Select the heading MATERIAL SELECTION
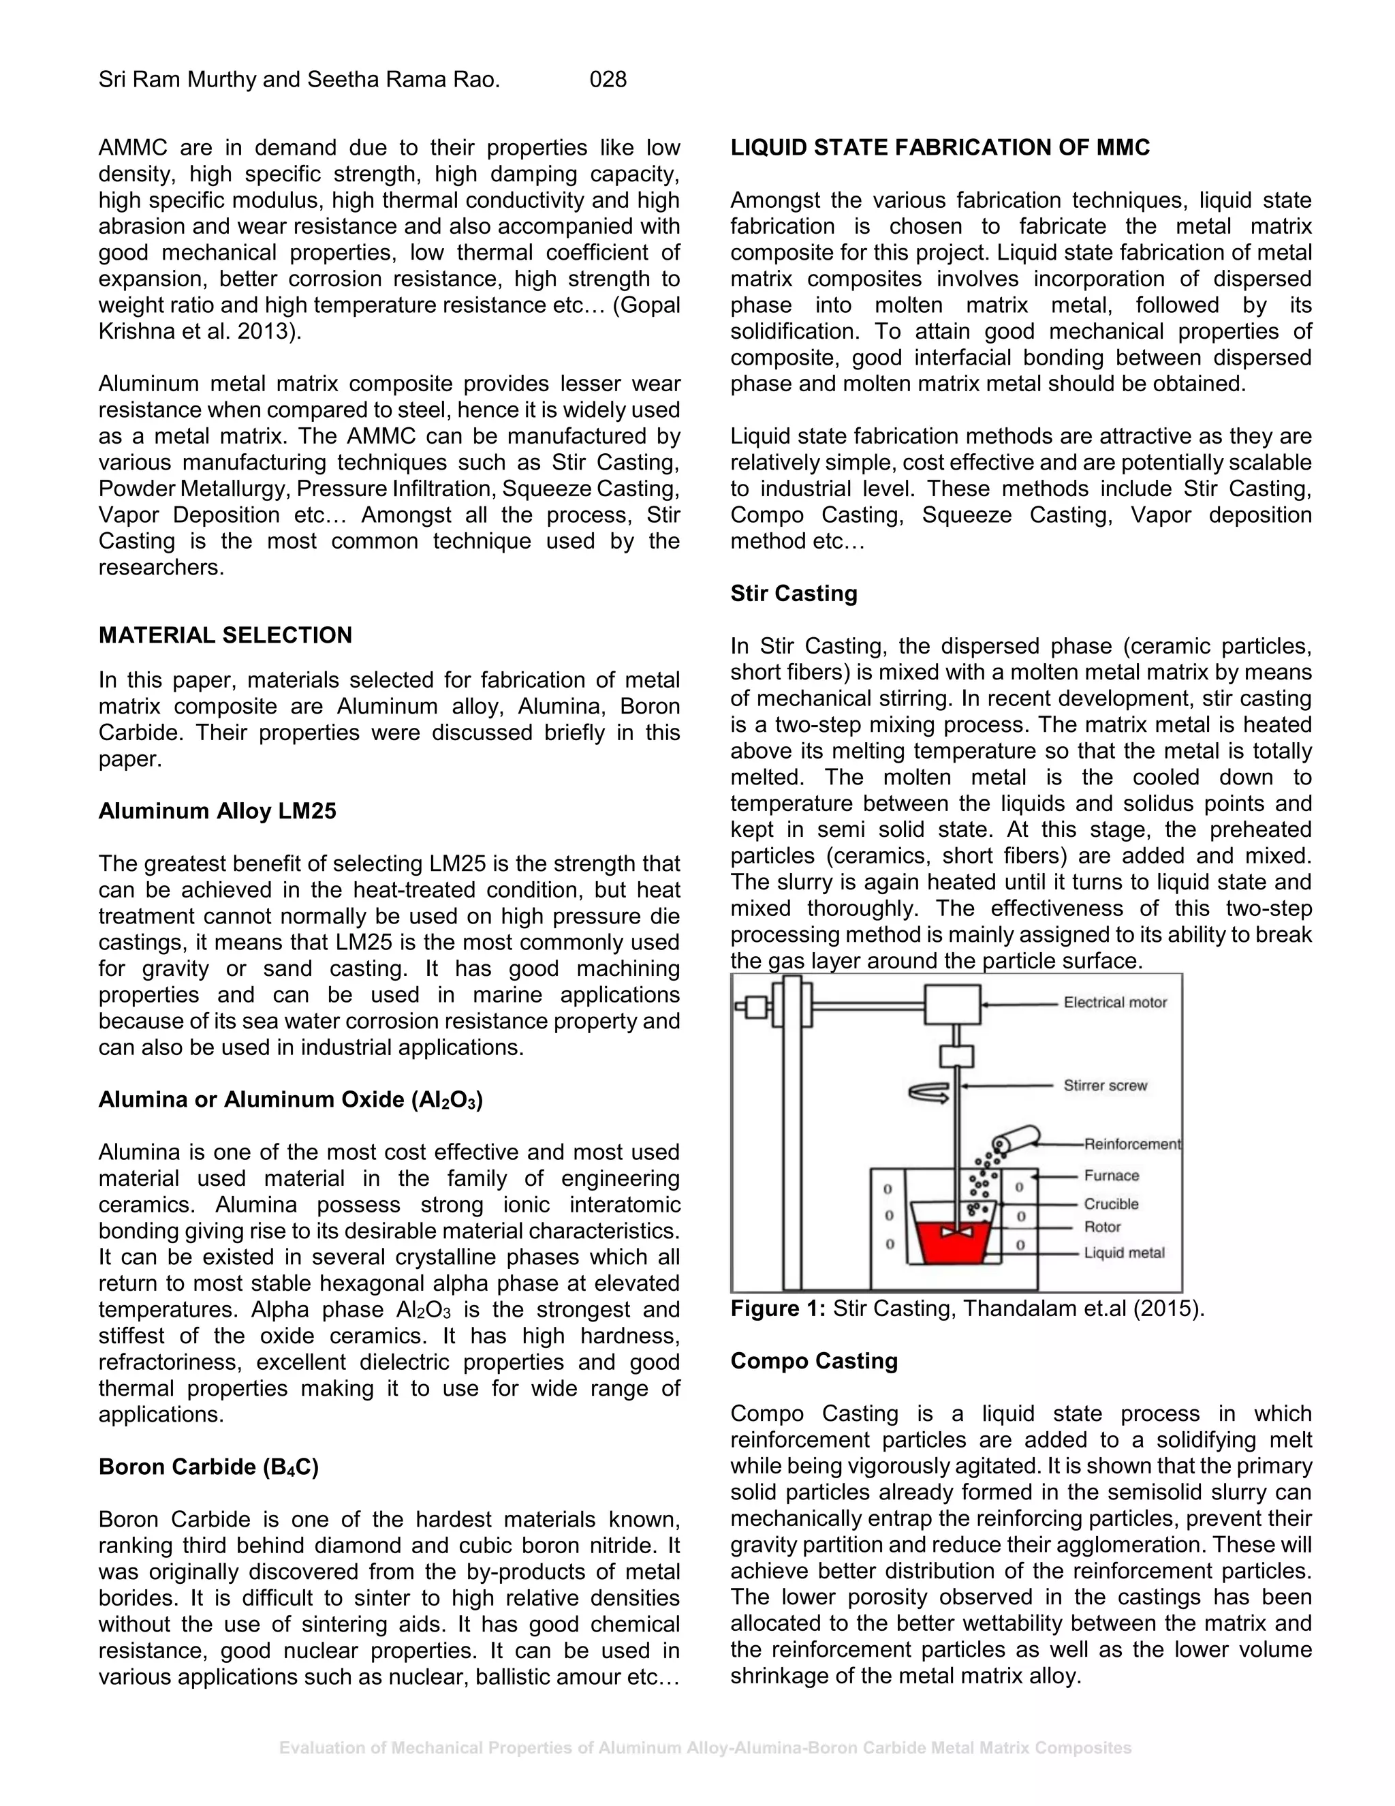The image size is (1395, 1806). pyautogui.click(x=225, y=635)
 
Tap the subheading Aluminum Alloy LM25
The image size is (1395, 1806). pyautogui.click(x=217, y=811)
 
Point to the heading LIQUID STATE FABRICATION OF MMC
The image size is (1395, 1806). pyautogui.click(x=939, y=148)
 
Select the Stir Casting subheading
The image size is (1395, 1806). pyautogui.click(x=794, y=594)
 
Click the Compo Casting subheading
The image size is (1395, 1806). pyautogui.click(x=813, y=1361)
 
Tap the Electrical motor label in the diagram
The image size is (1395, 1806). pyautogui.click(x=1115, y=1003)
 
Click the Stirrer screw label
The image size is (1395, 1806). pyautogui.click(x=1105, y=1086)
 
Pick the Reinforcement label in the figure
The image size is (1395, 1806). pyautogui.click(x=1132, y=1144)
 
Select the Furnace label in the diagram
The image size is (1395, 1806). pyautogui.click(x=1111, y=1176)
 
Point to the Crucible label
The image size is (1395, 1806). pyautogui.click(x=1111, y=1204)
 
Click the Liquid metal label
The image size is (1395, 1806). pyautogui.click(x=1123, y=1253)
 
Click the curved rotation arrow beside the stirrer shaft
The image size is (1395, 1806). pyautogui.click(x=929, y=1093)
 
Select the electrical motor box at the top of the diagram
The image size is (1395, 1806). pyautogui.click(x=952, y=1004)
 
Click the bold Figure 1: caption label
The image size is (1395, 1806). pyautogui.click(x=778, y=1309)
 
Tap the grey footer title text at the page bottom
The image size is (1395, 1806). pyautogui.click(x=705, y=1748)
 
